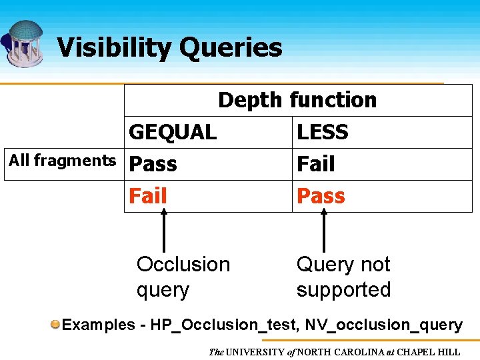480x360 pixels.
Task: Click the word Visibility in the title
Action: click(x=113, y=48)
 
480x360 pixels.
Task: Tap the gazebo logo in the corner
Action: click(x=24, y=43)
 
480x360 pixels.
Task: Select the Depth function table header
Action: click(x=297, y=100)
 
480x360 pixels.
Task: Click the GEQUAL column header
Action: click(x=173, y=132)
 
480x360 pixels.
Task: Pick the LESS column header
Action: click(x=323, y=132)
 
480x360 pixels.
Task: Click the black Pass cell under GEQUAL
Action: click(x=153, y=164)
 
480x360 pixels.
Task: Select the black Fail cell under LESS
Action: click(x=316, y=164)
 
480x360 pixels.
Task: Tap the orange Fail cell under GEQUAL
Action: click(x=147, y=196)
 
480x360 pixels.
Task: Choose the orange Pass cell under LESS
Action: click(x=321, y=196)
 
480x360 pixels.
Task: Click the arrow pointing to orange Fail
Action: click(x=165, y=230)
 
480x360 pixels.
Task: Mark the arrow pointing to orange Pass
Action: click(x=324, y=230)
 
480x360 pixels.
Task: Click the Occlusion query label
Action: click(x=183, y=277)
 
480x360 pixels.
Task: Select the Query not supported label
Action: click(x=343, y=277)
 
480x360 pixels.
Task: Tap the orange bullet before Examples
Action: click(x=56, y=325)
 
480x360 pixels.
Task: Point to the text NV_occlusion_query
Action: click(x=384, y=325)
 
